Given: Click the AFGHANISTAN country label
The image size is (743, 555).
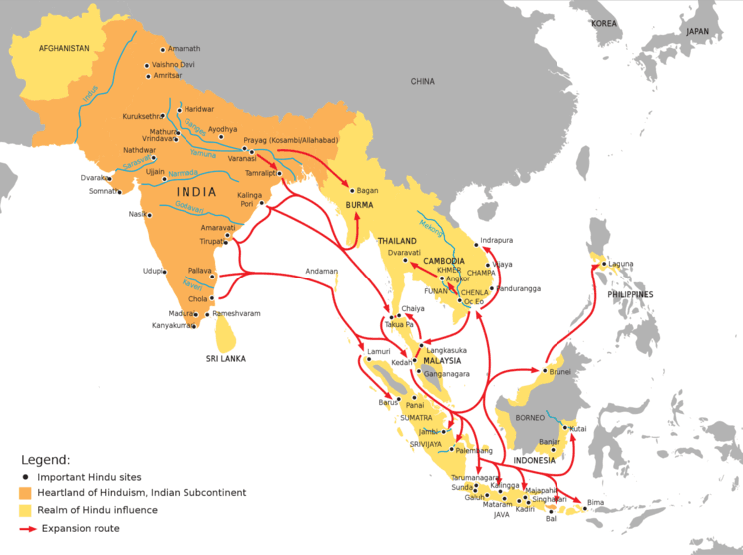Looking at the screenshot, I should (64, 48).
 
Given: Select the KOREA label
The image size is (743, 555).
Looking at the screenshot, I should (603, 22).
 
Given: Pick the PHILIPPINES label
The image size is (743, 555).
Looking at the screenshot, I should (626, 295).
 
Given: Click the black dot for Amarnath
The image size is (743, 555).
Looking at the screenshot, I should (162, 49).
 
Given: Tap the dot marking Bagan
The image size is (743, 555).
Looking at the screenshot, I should (349, 190).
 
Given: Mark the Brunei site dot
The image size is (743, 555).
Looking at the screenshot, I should (545, 371).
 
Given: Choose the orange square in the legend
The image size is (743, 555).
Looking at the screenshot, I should (27, 493).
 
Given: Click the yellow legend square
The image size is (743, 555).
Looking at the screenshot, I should (27, 510).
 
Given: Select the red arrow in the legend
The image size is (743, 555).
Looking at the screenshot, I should (27, 528).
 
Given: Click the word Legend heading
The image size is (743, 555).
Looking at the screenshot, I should (46, 460).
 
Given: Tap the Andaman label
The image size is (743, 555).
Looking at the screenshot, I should (321, 271).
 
